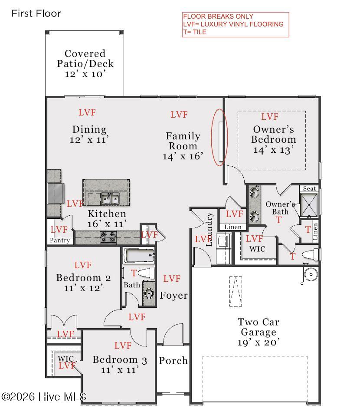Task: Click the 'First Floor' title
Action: tap(36, 13)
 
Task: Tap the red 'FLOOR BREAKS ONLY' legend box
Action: tap(236, 25)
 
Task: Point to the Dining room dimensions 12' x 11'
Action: tap(89, 140)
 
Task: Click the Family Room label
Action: tap(183, 141)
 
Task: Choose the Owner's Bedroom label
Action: tap(274, 134)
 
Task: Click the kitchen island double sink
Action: tap(110, 198)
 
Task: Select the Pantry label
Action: tap(60, 240)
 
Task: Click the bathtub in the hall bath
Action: tap(139, 255)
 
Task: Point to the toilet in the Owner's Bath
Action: tap(311, 255)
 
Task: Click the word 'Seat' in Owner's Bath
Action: tap(310, 188)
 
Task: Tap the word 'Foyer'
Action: tap(174, 295)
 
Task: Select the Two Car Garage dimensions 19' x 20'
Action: tap(259, 343)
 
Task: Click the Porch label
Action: tap(173, 360)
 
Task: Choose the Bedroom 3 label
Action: tap(120, 360)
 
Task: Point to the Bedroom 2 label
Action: tap(83, 278)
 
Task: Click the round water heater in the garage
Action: tap(311, 274)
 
